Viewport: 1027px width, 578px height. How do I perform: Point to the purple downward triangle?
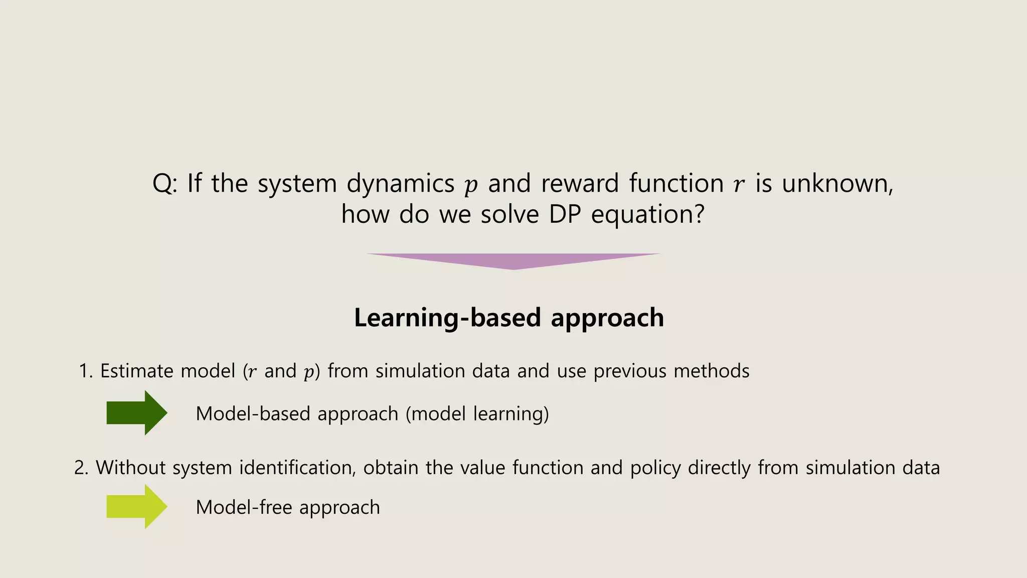click(x=513, y=260)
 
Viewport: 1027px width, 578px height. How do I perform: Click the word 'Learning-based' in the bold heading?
click(x=447, y=318)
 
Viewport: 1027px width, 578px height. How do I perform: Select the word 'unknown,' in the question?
click(x=837, y=184)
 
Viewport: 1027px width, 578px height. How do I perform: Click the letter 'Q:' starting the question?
click(x=164, y=184)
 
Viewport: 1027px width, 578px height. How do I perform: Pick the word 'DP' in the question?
click(x=565, y=215)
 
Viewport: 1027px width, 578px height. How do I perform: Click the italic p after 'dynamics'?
click(x=470, y=186)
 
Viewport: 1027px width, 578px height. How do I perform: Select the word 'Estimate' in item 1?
click(x=136, y=371)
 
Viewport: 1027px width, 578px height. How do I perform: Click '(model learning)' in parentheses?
click(x=477, y=414)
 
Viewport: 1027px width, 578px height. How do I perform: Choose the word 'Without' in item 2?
click(x=130, y=468)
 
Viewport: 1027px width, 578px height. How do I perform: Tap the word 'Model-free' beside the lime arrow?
click(x=244, y=507)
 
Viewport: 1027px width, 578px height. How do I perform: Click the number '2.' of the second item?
click(x=81, y=468)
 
